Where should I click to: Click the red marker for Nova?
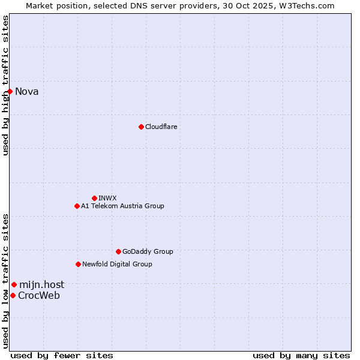pos(10,91)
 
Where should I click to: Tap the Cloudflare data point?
pos(141,127)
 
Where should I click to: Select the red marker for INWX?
pos(94,198)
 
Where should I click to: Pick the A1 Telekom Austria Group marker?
pos(77,206)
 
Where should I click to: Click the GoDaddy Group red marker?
pos(118,251)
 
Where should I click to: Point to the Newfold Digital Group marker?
pos(78,264)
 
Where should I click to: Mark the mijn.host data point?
pos(14,284)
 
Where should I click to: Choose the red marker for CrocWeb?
pos(13,295)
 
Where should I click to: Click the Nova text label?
pos(27,91)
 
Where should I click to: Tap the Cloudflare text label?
pos(161,127)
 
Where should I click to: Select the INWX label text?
pos(107,198)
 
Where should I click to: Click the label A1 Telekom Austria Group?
pos(122,206)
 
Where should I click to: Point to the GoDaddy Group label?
pos(148,251)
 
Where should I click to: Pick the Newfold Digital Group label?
pos(117,264)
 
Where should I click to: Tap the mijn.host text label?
pos(41,284)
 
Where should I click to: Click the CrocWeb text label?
pos(39,295)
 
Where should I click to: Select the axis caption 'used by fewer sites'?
pos(62,355)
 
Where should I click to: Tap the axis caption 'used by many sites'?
pos(301,355)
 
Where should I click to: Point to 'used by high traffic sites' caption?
pos(5,85)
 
